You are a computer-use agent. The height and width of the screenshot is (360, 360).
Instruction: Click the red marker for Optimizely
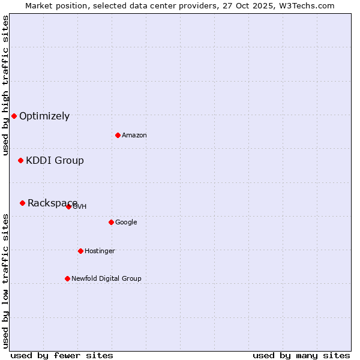14,116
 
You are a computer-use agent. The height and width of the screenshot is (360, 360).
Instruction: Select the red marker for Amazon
118,135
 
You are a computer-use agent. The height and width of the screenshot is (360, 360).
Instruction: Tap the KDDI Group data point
20,160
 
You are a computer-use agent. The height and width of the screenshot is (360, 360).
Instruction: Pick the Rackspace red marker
22,203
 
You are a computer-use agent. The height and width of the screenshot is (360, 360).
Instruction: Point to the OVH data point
68,206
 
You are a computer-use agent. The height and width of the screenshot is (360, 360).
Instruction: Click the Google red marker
111,222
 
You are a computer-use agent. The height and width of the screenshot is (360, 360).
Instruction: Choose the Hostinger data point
80,251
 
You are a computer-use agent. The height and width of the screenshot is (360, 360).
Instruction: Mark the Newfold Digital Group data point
67,278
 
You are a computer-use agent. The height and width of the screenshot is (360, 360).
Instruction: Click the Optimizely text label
44,116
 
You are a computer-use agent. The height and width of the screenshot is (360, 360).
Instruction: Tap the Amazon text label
134,136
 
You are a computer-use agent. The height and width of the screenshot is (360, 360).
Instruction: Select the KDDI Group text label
55,161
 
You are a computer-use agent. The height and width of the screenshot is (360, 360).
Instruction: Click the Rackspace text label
52,203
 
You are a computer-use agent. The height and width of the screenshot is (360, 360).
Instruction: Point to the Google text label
126,223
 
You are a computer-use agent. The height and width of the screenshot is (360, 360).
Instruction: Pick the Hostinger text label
100,251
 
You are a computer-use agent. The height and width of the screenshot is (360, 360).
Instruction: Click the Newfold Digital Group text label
106,279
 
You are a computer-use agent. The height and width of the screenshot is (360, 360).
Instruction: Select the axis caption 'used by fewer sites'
62,355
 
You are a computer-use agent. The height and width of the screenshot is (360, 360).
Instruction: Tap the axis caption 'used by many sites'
301,355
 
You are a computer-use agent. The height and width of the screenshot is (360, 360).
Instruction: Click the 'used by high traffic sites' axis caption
5,85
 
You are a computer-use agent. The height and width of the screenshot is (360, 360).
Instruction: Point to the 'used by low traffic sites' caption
5,281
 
